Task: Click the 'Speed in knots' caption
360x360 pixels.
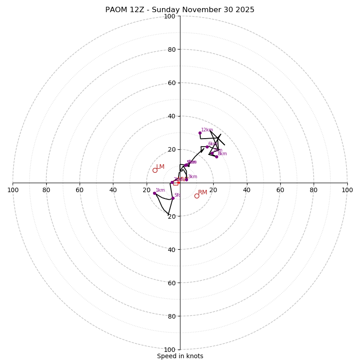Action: tap(180, 356)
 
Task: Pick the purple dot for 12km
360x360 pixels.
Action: tap(200, 133)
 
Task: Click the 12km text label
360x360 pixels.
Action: tap(207, 130)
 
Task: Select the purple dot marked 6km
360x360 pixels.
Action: tap(207, 147)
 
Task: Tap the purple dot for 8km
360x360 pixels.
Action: tap(216, 157)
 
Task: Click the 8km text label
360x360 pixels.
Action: tap(222, 154)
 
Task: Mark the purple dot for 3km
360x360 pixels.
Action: tap(186, 180)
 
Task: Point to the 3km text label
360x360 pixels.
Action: tap(193, 177)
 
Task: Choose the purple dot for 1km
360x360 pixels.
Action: tap(154, 193)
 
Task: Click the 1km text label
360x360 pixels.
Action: tap(160, 190)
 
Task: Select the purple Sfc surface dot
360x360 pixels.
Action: tap(173, 198)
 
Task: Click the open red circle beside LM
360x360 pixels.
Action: tap(155, 170)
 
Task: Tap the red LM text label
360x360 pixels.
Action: tap(161, 167)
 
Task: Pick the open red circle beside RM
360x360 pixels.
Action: tap(197, 196)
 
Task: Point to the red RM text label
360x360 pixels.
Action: tap(203, 193)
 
